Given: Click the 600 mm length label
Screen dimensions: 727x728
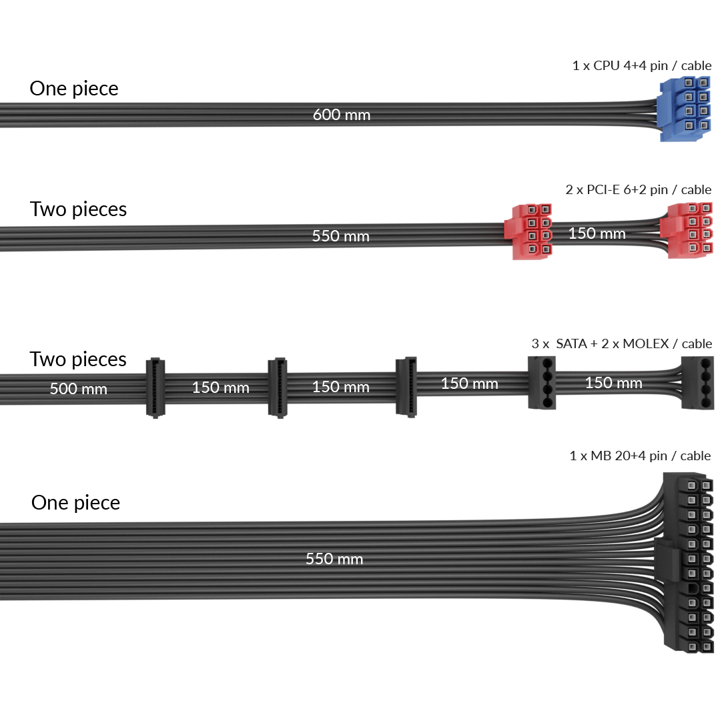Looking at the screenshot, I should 342,115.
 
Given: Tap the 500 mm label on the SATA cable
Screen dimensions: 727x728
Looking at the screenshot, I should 78,388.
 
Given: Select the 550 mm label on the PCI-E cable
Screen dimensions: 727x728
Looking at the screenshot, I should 340,236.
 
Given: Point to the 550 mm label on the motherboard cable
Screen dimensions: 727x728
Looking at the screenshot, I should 334,559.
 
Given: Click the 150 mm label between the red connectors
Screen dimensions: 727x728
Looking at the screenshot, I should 597,233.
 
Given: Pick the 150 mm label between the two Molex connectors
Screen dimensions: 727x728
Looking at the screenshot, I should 613,383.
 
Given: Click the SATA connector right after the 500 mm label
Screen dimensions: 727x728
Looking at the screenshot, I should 156,387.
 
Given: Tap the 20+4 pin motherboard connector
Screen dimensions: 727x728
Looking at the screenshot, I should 694,564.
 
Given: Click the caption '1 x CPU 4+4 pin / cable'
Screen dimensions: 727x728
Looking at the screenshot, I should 642,66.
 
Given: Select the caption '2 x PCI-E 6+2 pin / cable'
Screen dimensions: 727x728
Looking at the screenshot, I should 638,190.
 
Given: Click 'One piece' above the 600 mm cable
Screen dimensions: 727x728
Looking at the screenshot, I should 74,89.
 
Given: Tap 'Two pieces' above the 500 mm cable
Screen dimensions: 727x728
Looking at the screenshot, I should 78,359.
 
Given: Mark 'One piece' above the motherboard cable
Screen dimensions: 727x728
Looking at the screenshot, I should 75,502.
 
